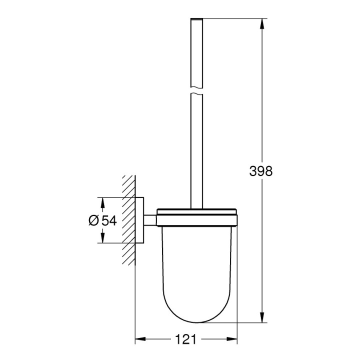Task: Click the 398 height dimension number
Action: coord(261,171)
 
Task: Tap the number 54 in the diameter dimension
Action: coord(109,220)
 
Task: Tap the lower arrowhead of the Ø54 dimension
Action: coord(102,238)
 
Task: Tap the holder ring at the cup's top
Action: coord(197,218)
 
